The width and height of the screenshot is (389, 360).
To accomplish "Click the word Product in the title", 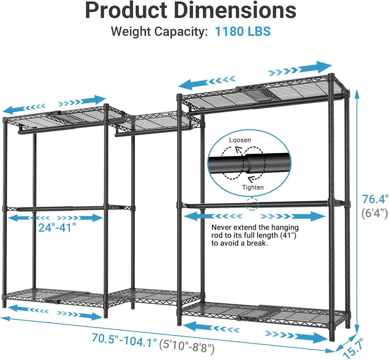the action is pos(126,11).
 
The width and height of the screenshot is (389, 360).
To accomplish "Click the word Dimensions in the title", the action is pos(235,11).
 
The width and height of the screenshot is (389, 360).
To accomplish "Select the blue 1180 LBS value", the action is pos(243,32).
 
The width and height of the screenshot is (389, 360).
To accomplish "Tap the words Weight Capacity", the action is pos(159,32).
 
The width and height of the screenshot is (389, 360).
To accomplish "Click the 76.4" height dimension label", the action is pos(375,199).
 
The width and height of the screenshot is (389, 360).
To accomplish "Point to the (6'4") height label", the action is pos(375,213).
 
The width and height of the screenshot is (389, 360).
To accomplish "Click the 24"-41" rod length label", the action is pos(57,227).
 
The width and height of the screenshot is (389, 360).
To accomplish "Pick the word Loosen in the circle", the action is pos(240,140).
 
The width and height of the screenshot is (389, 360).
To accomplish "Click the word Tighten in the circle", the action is pos(253,188).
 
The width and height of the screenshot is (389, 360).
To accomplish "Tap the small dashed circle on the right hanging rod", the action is pos(252,205).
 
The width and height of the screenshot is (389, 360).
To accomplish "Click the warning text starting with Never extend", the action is pos(255,235).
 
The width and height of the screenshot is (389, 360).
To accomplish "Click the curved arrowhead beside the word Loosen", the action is pos(238,150).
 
